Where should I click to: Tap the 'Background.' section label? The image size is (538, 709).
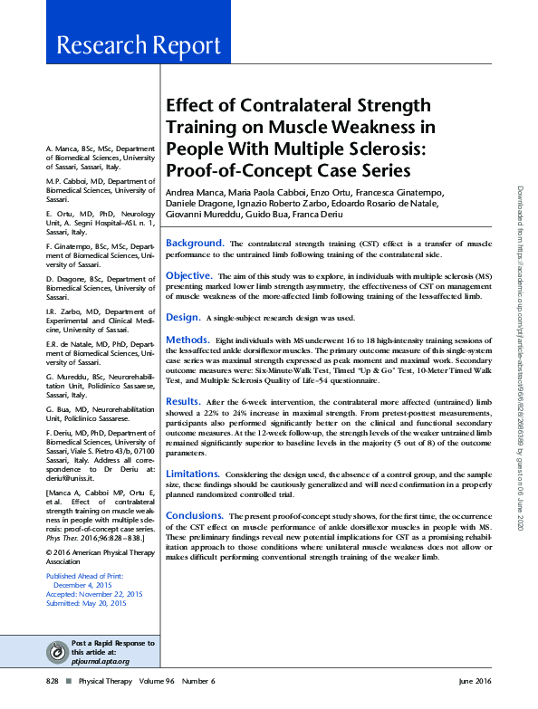(194, 244)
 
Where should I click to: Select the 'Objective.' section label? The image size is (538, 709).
(188, 275)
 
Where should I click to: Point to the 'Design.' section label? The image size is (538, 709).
(182, 318)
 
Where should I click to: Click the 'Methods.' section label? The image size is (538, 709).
(187, 340)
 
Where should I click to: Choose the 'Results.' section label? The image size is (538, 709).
(183, 401)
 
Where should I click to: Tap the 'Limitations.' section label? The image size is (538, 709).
(192, 474)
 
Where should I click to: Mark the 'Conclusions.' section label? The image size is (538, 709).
(195, 515)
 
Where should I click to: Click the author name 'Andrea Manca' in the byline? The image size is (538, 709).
(195, 194)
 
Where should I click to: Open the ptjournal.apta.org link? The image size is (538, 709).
(101, 661)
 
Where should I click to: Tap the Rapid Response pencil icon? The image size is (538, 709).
(59, 651)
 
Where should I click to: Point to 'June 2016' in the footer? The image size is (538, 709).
(476, 681)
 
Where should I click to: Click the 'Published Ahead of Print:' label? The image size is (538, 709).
(83, 576)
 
